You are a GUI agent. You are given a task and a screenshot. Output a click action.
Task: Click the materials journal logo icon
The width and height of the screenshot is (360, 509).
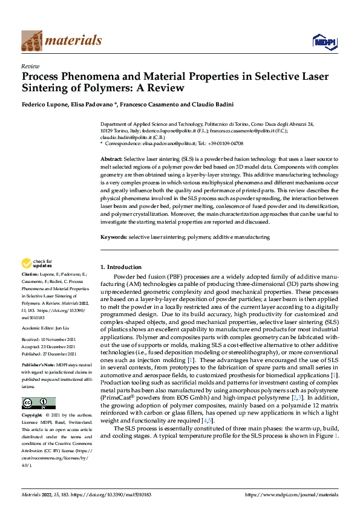tap(31, 40)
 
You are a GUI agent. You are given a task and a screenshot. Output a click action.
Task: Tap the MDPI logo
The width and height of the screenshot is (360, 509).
tap(324, 41)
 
